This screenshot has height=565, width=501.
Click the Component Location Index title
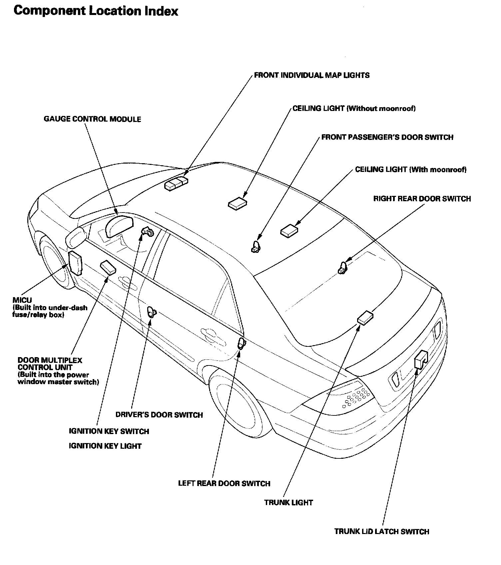coord(96,11)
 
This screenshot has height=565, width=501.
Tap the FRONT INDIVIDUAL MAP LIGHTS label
coord(311,75)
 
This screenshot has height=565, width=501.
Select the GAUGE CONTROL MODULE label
coord(92,119)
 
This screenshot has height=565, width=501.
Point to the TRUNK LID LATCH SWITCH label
coord(382,531)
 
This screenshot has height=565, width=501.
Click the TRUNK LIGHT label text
coord(288,502)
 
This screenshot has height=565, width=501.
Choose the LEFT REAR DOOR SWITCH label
coord(224,483)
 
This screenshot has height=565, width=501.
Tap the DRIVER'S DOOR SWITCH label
coord(159,415)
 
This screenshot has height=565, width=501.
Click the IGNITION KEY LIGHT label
coord(105,446)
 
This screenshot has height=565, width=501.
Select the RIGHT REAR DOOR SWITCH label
coord(422,199)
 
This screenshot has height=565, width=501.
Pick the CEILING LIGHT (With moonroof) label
coord(411,170)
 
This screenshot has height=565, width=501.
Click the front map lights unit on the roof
coord(176,183)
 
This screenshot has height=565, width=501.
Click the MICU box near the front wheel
coord(75,263)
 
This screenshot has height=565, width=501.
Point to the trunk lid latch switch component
coord(421,359)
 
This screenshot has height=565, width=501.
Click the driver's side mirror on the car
coord(76,237)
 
